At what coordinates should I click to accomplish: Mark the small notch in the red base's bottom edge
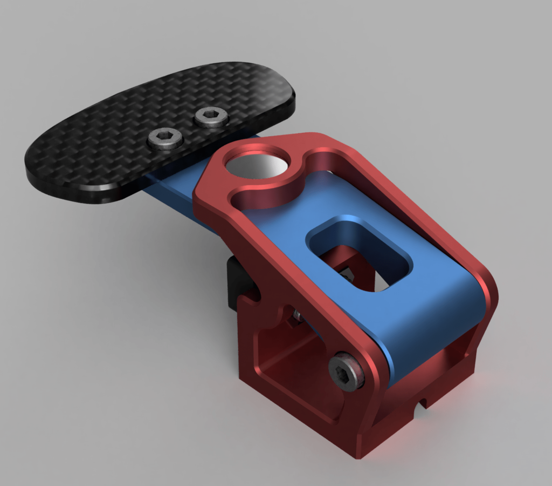coord(424,403)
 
